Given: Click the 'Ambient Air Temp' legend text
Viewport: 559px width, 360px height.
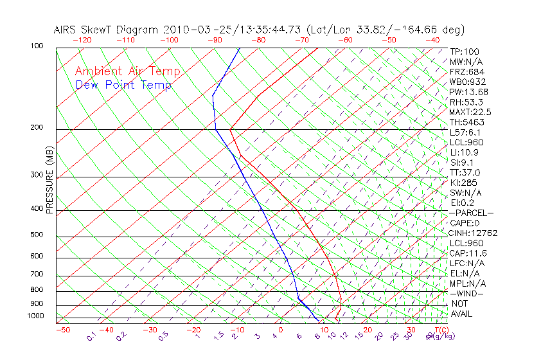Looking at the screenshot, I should pyautogui.click(x=127, y=71).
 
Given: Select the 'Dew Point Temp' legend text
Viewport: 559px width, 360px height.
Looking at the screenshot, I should pyautogui.click(x=123, y=85).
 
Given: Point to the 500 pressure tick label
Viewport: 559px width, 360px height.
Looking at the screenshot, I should pyautogui.click(x=37, y=235).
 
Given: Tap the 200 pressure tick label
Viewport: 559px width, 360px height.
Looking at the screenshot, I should pyautogui.click(x=37, y=128).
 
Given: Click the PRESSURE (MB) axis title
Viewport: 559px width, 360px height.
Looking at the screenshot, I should pyautogui.click(x=49, y=181).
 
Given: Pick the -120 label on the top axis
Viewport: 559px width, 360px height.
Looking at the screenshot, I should pyautogui.click(x=82, y=40).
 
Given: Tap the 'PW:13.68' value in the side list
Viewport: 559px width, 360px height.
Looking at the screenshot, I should pyautogui.click(x=468, y=92).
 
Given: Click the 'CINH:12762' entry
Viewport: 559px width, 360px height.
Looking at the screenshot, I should pyautogui.click(x=474, y=233).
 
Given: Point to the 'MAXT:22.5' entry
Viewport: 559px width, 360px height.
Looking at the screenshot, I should pyautogui.click(x=470, y=112).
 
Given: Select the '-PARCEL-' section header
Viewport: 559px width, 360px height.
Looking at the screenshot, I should pyautogui.click(x=471, y=213).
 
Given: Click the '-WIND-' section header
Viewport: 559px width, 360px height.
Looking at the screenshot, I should pyautogui.click(x=466, y=293).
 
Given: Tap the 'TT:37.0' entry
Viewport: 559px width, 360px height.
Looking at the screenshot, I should pyautogui.click(x=465, y=172).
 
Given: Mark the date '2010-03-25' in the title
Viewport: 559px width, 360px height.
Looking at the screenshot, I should pyautogui.click(x=193, y=30).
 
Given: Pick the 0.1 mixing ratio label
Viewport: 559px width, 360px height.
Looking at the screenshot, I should pyautogui.click(x=92, y=336).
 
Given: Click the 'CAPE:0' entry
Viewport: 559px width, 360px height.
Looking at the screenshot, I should pyautogui.click(x=465, y=223).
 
